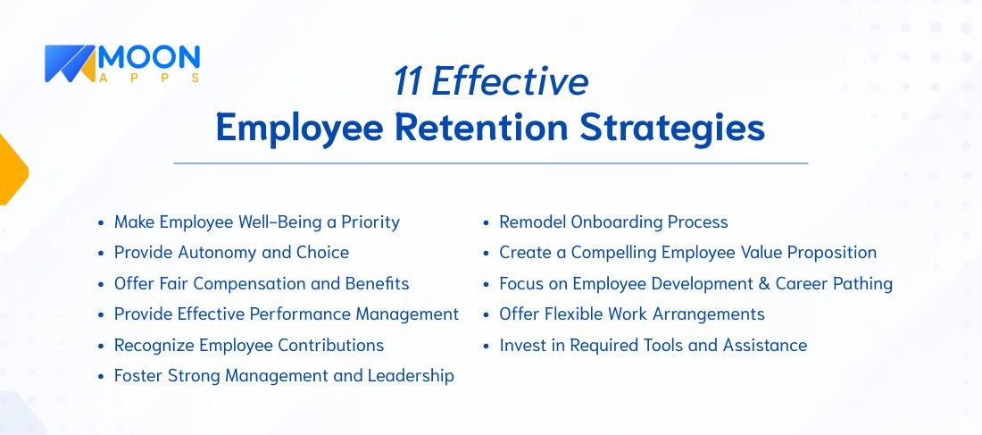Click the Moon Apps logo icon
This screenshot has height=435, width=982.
70,64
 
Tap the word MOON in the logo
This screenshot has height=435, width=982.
149,58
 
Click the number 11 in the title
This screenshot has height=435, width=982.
407,82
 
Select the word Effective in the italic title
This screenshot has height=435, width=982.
510,82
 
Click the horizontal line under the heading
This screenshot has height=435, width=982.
490,163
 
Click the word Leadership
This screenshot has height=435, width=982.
411,375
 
